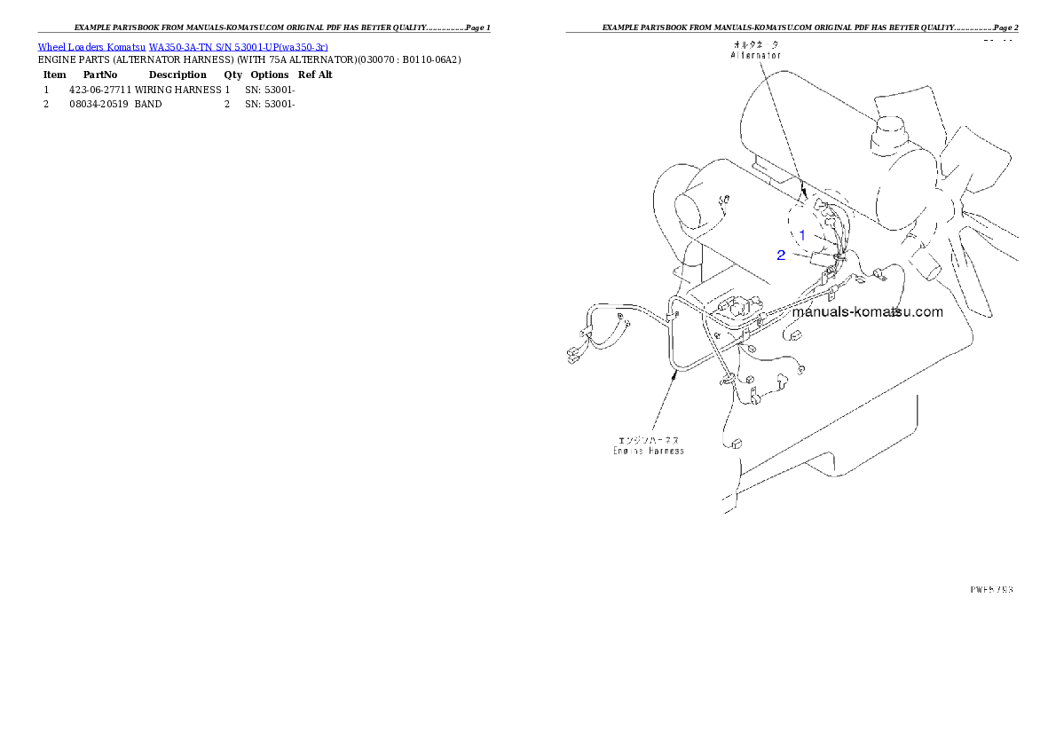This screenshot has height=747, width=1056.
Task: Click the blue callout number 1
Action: tap(802, 235)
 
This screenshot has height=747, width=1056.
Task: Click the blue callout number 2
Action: tap(781, 256)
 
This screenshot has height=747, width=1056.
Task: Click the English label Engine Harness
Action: tap(648, 451)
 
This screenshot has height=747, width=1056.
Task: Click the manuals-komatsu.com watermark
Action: tap(867, 312)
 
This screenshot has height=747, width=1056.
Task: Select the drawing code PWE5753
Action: tap(990, 588)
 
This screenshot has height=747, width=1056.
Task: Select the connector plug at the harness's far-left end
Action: tap(573, 358)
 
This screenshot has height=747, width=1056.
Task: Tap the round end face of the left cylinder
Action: tap(695, 210)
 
